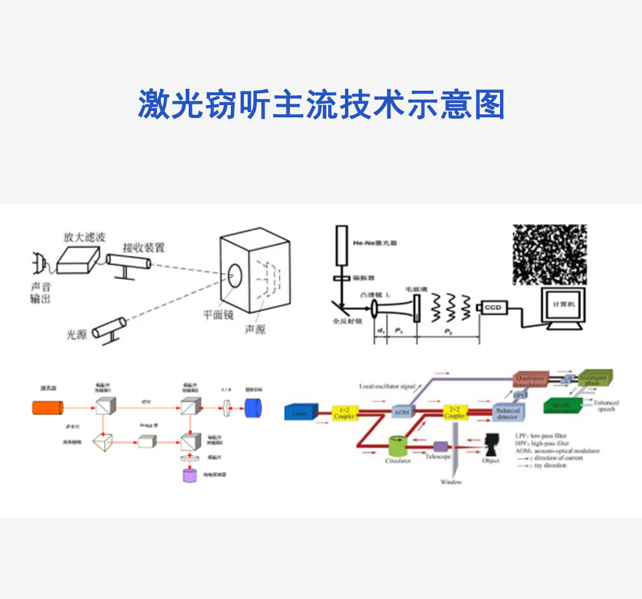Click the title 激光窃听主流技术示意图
point(321,104)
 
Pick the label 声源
point(254,329)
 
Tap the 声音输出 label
point(40,293)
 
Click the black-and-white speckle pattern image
point(550,254)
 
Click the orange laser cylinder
point(48,408)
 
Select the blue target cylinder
point(254,408)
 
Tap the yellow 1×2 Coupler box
point(344,412)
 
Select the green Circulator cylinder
point(397,447)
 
